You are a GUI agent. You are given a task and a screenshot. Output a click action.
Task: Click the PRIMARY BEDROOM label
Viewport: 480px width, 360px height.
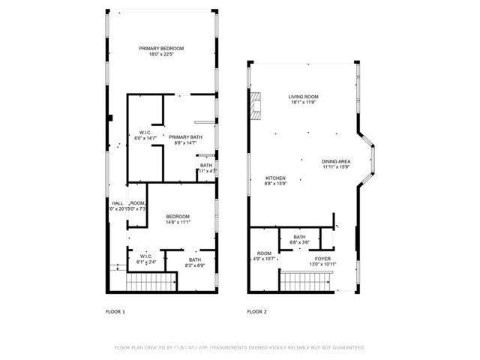click(161, 48)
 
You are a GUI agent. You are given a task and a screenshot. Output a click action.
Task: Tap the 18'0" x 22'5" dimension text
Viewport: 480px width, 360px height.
click(161, 54)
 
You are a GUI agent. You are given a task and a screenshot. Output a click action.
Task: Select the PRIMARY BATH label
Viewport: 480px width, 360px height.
click(184, 136)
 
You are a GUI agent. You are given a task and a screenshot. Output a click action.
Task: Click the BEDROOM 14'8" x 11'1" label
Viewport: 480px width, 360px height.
click(178, 219)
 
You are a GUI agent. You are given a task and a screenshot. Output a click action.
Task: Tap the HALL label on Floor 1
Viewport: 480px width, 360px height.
click(118, 202)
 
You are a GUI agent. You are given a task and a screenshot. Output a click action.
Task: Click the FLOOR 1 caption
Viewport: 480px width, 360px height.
click(115, 311)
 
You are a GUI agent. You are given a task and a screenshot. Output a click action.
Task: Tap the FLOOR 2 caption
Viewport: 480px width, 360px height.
click(257, 311)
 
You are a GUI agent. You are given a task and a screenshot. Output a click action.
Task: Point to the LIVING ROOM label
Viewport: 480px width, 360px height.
click(304, 97)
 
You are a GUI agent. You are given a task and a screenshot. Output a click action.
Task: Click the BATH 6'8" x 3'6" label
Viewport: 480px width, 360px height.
click(299, 239)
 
